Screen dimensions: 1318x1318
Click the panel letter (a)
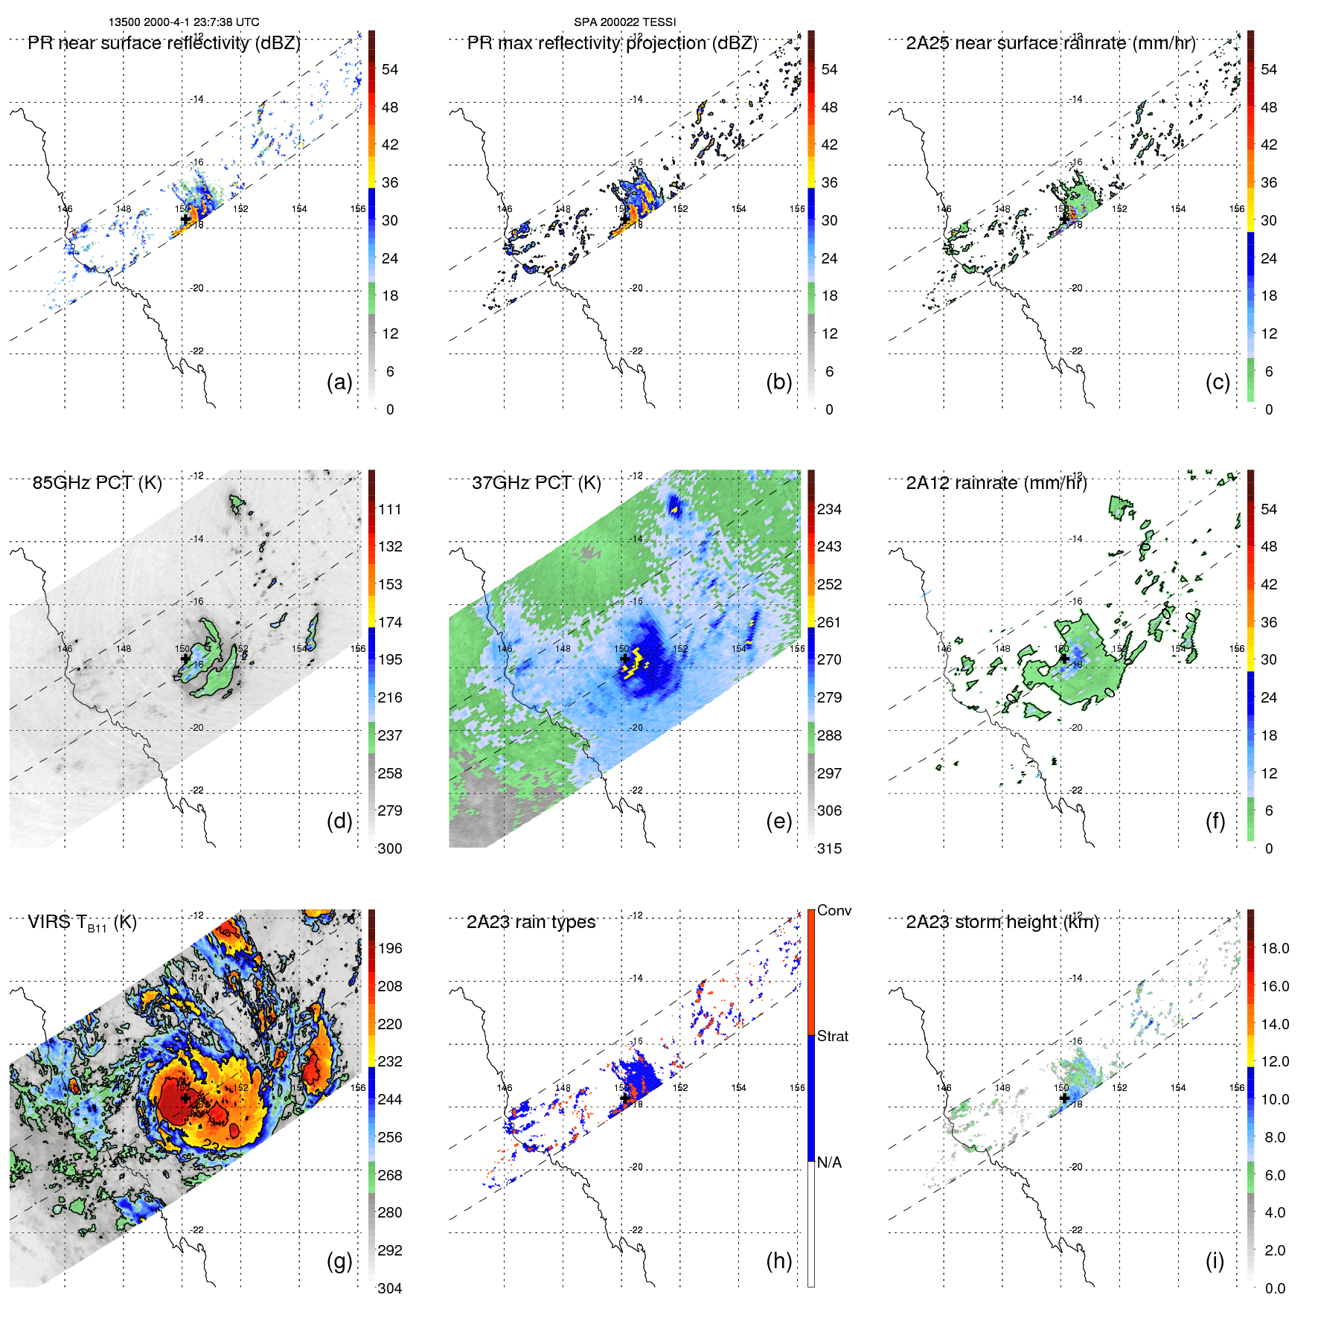[x=339, y=382]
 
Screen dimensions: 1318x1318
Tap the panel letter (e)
[x=778, y=821]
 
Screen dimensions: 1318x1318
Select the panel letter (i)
[x=1215, y=1261]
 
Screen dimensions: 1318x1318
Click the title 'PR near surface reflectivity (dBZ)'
[x=164, y=43]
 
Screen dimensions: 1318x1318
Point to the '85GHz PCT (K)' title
[x=97, y=483]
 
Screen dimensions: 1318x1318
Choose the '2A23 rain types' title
[x=531, y=922]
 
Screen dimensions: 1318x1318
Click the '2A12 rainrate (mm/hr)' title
[x=997, y=483]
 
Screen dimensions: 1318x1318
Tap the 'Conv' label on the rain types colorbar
[x=834, y=910]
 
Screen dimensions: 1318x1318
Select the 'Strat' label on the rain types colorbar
[x=832, y=1036]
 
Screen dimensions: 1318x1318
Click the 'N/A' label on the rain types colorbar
[x=829, y=1162]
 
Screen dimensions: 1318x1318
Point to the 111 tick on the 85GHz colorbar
[x=390, y=509]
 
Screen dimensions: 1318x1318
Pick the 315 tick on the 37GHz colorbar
[x=829, y=848]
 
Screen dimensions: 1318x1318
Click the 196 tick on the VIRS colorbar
[x=390, y=948]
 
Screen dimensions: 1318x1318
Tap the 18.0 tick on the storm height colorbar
[x=1275, y=948]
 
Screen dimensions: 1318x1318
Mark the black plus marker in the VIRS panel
[x=185, y=1098]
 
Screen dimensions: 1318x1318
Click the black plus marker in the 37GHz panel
[x=625, y=659]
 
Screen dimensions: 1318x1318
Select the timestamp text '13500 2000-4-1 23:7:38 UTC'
[x=184, y=22]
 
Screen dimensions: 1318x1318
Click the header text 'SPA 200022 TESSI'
[x=624, y=22]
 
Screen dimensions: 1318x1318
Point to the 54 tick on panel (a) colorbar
[x=390, y=69]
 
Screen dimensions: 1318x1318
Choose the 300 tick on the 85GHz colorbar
[x=390, y=848]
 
